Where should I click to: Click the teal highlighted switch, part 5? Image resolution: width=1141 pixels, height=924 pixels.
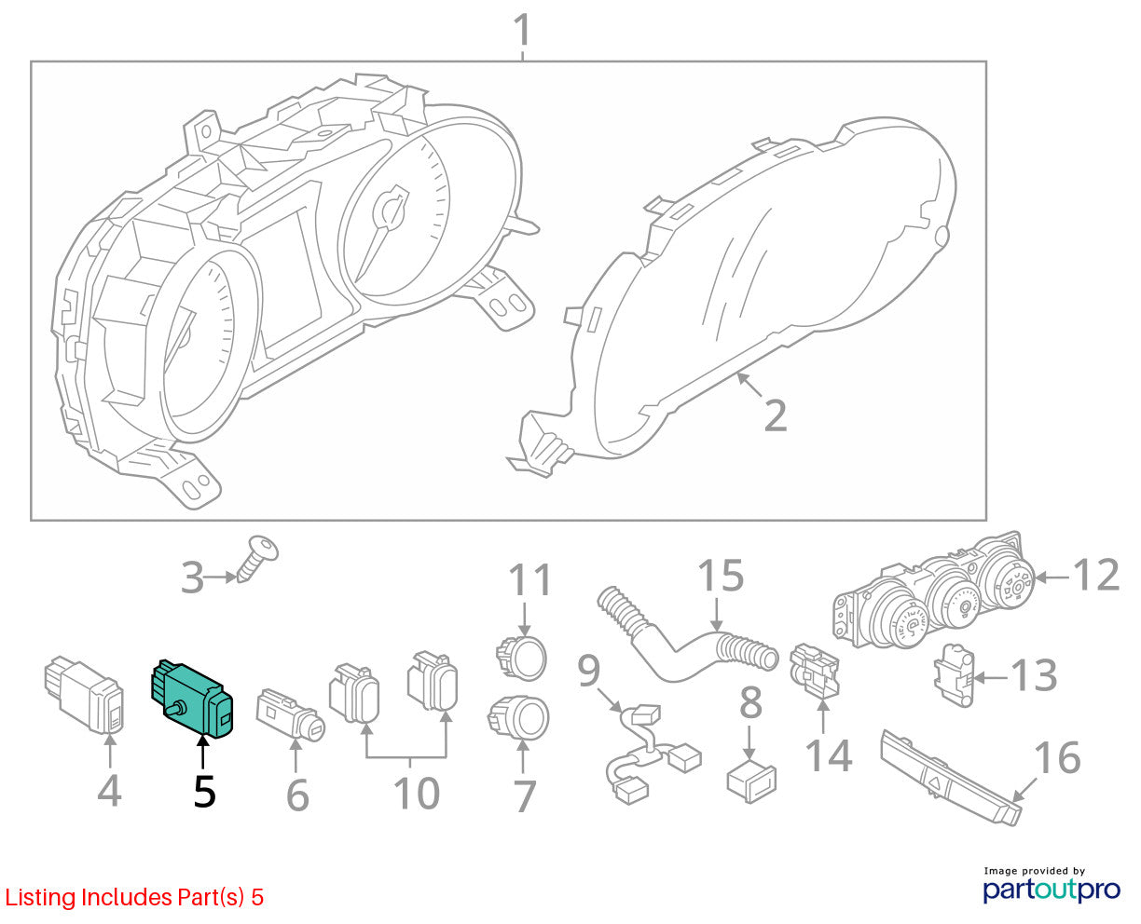tap(192, 698)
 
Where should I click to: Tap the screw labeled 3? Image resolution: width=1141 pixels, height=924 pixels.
tap(257, 558)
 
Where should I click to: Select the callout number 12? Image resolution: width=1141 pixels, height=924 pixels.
tap(1097, 575)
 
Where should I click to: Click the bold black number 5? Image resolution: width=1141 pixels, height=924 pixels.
tap(204, 792)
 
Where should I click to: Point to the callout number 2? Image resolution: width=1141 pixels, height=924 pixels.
tap(776, 415)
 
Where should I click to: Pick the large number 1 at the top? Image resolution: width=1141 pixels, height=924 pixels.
tap(522, 30)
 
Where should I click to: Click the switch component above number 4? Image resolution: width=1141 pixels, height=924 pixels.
tap(84, 694)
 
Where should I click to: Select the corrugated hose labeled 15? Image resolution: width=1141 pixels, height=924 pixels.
tap(686, 635)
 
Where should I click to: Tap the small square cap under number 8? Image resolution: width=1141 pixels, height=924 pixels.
tap(751, 781)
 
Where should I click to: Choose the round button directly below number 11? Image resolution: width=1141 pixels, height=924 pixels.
tap(521, 658)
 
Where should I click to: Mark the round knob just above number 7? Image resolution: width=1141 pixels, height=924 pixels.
tap(518, 718)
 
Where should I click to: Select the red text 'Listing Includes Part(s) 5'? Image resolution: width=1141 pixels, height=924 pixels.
tap(134, 897)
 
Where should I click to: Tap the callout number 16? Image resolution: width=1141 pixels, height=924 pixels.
tap(1057, 758)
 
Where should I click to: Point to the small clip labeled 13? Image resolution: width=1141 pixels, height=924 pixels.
tap(954, 674)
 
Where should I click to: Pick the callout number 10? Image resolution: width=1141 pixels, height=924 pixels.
tap(417, 793)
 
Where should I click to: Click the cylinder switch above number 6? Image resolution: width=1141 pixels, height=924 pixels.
tap(290, 715)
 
